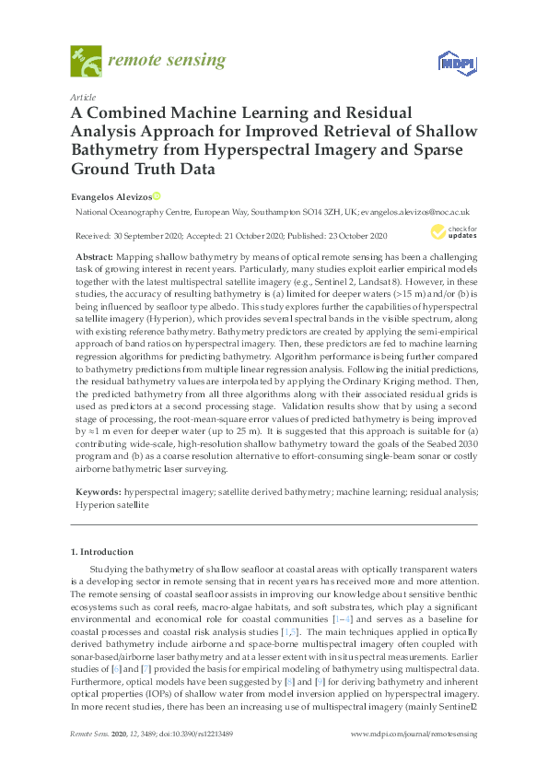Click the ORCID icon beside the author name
click(156, 195)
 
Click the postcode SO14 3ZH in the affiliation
click(313, 211)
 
